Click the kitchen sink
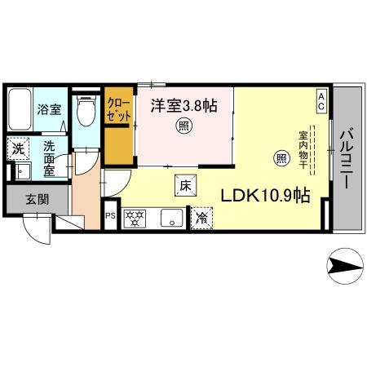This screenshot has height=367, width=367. pos(170,217)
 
